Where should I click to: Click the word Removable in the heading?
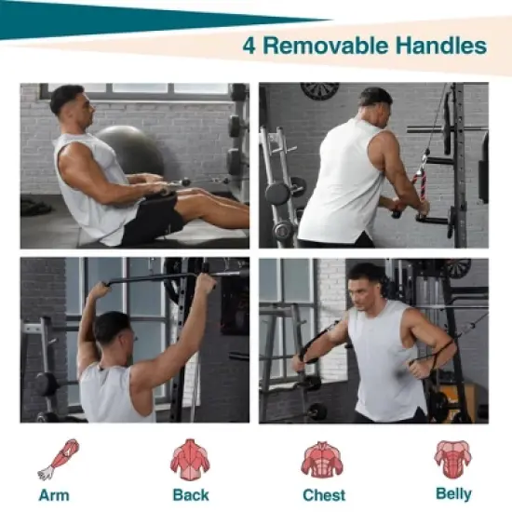[x=326, y=46]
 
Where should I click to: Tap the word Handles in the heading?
[x=441, y=46]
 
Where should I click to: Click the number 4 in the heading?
[x=249, y=46]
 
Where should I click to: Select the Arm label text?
[x=54, y=495]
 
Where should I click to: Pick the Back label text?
[x=191, y=494]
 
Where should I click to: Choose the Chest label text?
[x=324, y=495]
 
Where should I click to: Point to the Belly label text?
[x=453, y=494]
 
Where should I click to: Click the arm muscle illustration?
[x=59, y=459]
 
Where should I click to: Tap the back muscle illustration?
[x=190, y=460]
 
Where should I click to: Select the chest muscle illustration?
[x=322, y=460]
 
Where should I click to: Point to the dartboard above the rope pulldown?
[x=319, y=90]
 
